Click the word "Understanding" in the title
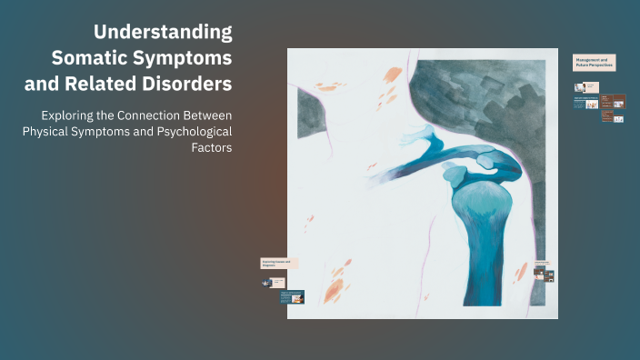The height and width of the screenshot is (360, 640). [164, 32]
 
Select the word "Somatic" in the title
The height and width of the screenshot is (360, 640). [90, 57]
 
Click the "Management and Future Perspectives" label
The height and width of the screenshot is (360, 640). [595, 62]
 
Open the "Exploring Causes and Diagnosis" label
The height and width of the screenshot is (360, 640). [278, 263]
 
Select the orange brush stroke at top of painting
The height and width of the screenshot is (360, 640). [394, 74]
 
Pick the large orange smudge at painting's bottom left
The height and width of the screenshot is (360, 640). [334, 289]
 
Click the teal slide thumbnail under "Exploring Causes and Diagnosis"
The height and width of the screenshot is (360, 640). [293, 296]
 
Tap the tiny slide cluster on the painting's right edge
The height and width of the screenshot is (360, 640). [544, 272]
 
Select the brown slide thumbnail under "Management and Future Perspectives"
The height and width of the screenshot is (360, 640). [618, 101]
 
